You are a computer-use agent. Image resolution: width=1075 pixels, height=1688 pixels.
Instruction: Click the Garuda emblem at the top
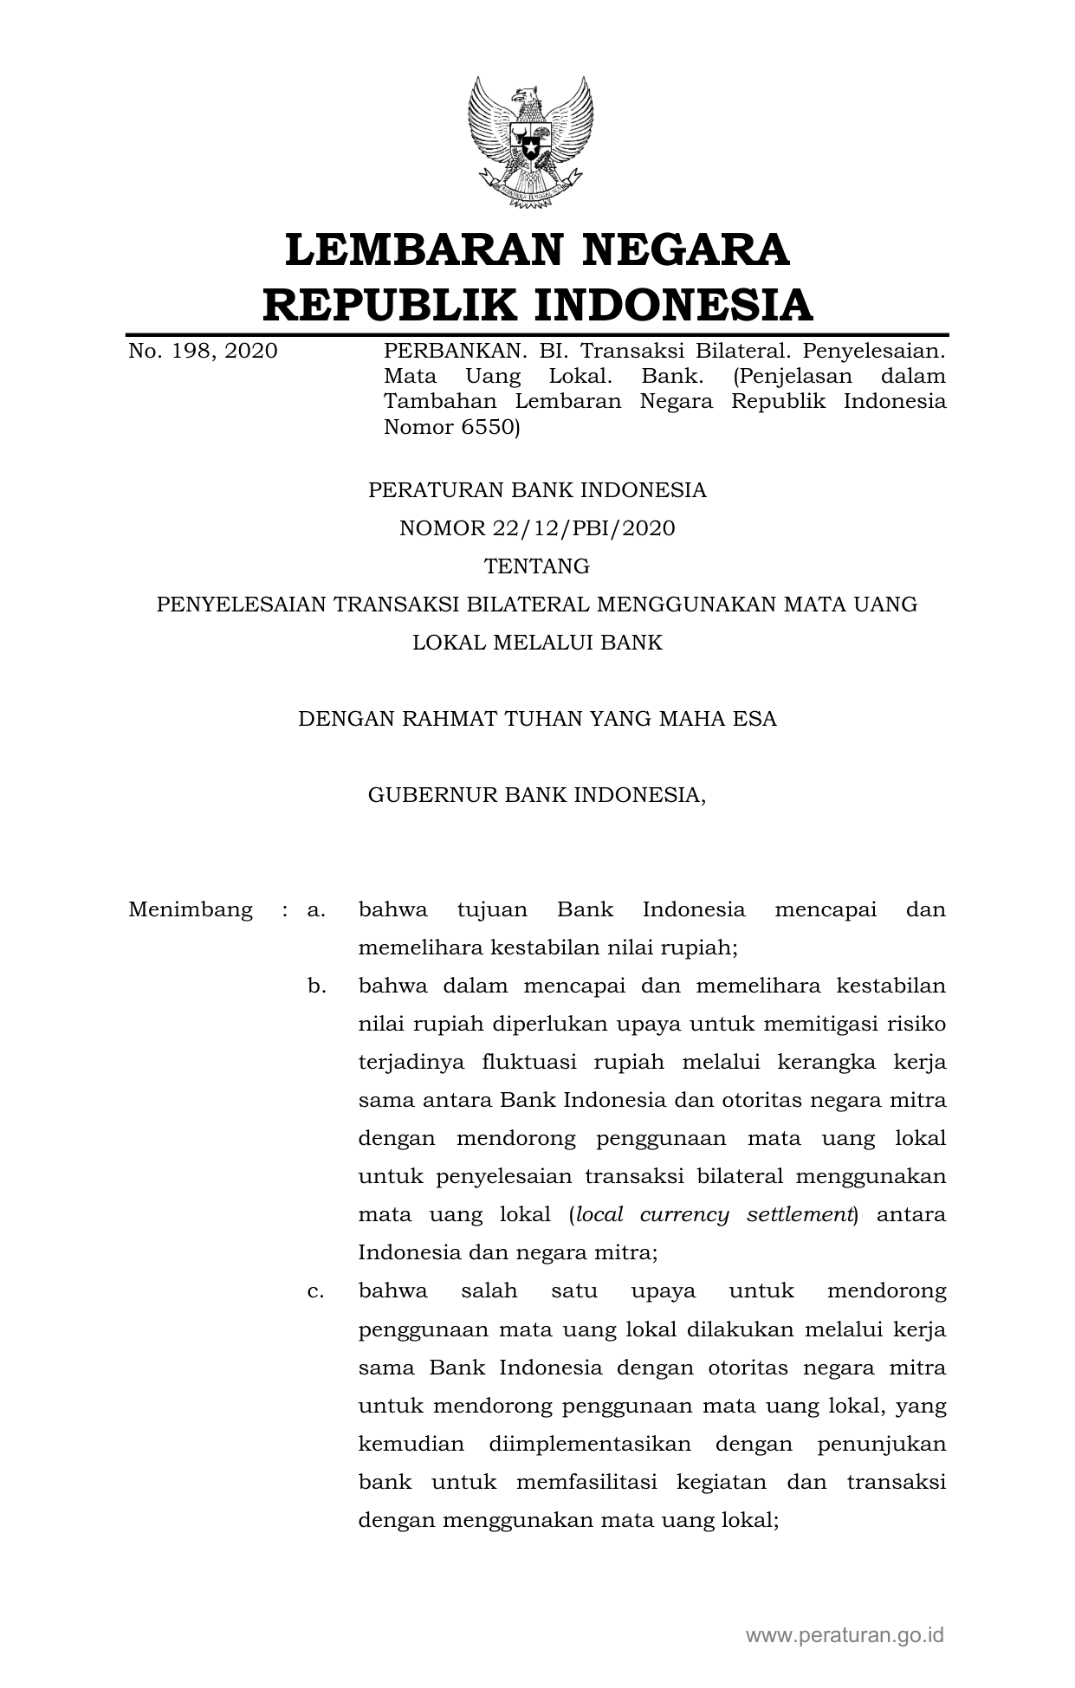coord(530,141)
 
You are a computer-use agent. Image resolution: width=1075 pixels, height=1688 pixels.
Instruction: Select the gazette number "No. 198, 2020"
coord(203,352)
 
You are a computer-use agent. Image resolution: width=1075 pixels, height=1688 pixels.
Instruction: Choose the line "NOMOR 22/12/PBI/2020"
coord(537,528)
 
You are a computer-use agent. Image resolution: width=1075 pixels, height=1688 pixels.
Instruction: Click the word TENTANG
coord(537,566)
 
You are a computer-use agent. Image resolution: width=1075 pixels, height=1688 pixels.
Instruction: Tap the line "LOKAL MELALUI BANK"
coord(537,643)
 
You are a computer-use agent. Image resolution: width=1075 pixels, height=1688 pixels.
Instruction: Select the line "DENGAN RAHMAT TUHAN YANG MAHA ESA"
coord(537,719)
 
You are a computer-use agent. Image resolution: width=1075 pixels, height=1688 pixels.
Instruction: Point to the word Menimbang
coord(191,910)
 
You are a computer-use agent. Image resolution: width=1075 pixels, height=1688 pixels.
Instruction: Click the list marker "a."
coord(316,910)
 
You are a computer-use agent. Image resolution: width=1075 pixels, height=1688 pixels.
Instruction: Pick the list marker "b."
coord(316,986)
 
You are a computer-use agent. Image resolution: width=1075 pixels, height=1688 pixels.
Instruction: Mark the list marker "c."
coord(316,1291)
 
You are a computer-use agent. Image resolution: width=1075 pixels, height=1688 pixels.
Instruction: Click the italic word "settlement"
coord(800,1215)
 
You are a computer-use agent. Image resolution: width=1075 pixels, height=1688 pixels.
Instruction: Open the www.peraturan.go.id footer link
coord(845,1635)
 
